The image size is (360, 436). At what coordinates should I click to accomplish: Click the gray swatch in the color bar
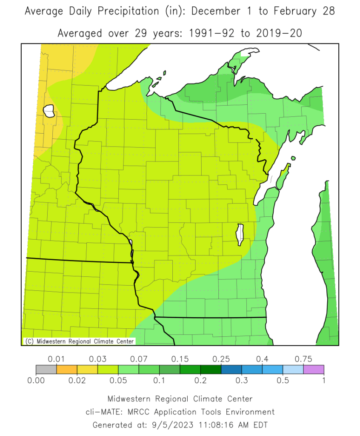point(46,370)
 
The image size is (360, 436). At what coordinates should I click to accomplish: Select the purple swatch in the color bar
point(314,370)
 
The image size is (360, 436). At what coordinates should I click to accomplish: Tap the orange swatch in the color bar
point(67,370)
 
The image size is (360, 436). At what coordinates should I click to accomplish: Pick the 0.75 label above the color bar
point(303,359)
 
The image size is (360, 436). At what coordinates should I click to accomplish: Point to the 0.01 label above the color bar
point(56,359)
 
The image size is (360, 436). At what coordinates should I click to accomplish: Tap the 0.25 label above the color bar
point(221,359)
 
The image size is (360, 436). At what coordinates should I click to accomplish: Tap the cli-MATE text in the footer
point(100,412)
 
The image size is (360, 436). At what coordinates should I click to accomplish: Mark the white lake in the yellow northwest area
point(49,112)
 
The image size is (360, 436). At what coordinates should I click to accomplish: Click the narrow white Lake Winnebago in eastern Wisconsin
point(240,235)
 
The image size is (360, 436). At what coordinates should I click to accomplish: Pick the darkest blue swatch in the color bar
point(231,370)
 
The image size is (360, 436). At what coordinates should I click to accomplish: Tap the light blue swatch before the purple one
point(293,370)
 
